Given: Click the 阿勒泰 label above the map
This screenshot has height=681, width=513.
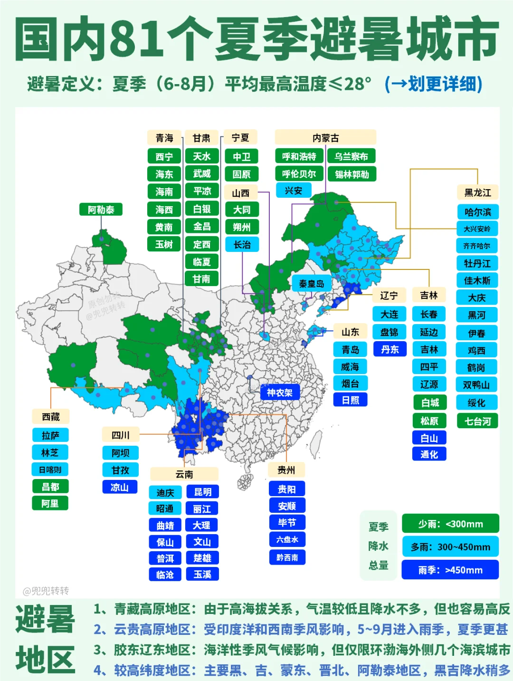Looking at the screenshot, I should click(x=101, y=210).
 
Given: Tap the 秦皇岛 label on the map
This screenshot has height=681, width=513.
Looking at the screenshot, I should click(x=311, y=284).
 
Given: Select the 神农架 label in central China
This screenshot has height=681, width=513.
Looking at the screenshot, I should click(x=279, y=393).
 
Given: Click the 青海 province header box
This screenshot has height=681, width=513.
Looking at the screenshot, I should click(x=164, y=138).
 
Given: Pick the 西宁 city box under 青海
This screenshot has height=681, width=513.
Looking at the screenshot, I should click(x=164, y=156).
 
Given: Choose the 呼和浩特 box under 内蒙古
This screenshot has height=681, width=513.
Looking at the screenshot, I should click(x=299, y=156).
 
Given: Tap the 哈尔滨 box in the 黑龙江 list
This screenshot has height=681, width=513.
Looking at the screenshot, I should click(x=477, y=212).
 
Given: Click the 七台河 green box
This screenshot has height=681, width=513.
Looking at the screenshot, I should click(x=477, y=421).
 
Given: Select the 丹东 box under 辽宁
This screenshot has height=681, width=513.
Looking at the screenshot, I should click(x=389, y=349).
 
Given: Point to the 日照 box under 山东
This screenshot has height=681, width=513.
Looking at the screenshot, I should click(x=350, y=400).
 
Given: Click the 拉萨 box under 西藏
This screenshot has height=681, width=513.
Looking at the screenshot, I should click(x=50, y=435).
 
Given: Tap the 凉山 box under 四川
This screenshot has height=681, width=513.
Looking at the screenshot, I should click(x=120, y=487).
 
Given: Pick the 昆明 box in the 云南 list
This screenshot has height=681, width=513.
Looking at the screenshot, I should click(x=202, y=492).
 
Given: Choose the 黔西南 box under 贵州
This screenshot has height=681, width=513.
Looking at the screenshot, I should click(x=287, y=557).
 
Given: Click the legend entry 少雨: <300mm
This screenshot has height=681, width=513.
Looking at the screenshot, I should click(x=450, y=524).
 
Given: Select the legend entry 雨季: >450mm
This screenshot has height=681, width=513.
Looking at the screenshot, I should click(x=450, y=570).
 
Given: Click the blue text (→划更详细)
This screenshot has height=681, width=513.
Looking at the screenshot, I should click(x=433, y=84).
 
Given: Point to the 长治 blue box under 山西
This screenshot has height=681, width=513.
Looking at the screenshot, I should click(x=242, y=245).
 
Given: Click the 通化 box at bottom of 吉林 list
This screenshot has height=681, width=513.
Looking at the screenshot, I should click(x=429, y=454).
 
